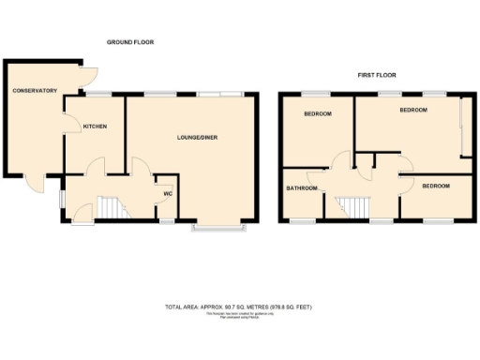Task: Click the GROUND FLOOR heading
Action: coord(129,42)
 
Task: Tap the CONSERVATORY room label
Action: coord(35,91)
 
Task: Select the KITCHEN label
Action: coord(95,127)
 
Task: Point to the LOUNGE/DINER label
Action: coord(199,138)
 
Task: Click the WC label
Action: coord(168,194)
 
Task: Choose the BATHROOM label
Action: coord(302,187)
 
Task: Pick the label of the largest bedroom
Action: coord(413,110)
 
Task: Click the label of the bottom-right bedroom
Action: coord(435,186)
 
